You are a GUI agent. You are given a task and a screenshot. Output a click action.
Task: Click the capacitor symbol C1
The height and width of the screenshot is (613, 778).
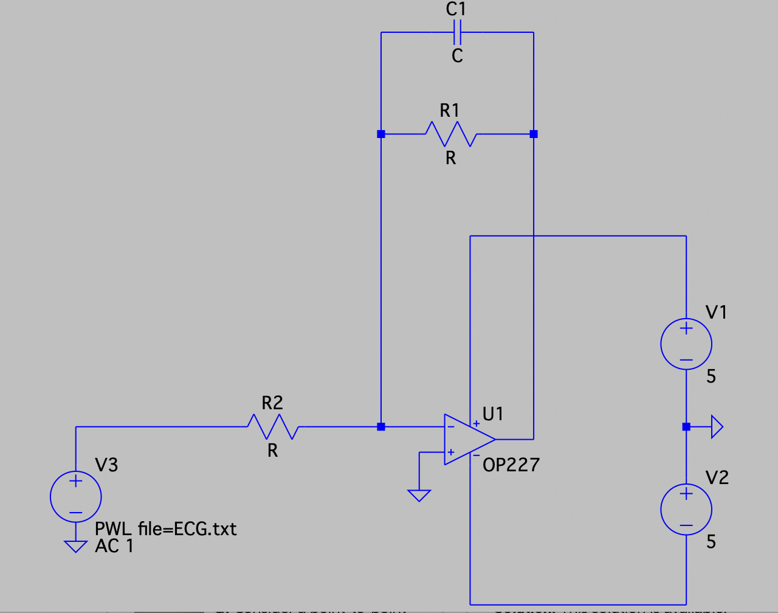[457, 32]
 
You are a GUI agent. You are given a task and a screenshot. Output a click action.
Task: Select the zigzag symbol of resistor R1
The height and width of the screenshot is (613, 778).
[450, 134]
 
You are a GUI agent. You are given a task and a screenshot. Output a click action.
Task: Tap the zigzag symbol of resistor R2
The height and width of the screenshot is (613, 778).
[272, 427]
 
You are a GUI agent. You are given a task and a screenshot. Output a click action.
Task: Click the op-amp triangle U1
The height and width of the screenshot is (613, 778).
[467, 440]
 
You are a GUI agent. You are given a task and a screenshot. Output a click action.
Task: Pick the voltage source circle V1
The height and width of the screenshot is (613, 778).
[686, 344]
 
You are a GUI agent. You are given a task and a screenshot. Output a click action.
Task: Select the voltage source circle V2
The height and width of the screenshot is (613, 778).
[686, 509]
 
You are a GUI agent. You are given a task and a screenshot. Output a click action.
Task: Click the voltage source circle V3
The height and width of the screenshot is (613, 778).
[75, 496]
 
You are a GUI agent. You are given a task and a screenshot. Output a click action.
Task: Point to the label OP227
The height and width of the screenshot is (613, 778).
[511, 465]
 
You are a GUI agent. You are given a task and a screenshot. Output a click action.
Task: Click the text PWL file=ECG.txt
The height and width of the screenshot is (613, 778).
[165, 528]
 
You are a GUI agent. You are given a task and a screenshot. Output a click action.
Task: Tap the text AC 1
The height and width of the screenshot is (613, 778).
[114, 546]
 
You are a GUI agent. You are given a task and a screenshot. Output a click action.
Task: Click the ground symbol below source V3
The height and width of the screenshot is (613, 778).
[75, 546]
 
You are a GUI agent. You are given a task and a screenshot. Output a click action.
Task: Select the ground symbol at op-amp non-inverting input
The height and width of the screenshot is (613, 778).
[419, 495]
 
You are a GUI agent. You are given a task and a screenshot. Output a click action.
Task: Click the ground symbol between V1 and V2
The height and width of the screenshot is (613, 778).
[716, 427]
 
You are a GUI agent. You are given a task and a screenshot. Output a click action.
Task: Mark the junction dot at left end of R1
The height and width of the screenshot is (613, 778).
[381, 134]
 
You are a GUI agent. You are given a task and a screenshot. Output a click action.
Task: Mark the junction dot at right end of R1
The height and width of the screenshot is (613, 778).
[534, 134]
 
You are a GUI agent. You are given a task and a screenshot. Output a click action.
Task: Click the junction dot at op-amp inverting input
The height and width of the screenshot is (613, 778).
[381, 427]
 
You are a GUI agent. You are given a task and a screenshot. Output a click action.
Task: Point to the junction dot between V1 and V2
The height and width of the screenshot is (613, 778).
[686, 427]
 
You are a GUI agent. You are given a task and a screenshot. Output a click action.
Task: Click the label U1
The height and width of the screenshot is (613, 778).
[493, 414]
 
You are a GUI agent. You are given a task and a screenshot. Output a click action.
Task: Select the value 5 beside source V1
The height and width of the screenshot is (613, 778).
[711, 377]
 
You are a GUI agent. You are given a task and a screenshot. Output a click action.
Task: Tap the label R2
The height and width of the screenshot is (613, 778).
[272, 403]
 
